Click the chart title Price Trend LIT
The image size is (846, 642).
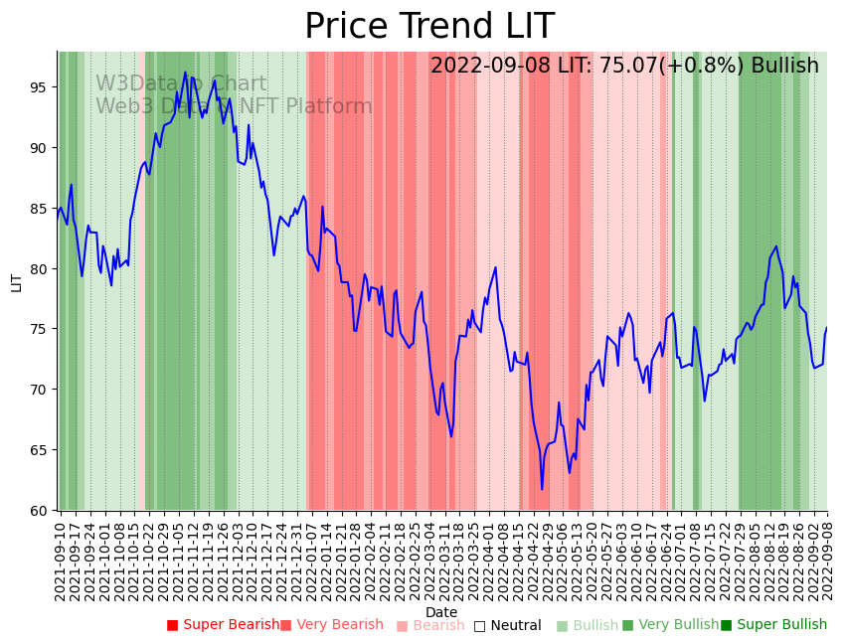click(428, 27)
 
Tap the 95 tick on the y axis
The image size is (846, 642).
click(41, 87)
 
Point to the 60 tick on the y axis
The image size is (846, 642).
click(41, 511)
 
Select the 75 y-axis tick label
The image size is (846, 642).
click(41, 329)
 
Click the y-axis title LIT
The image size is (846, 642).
click(16, 281)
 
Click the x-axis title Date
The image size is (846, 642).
click(441, 613)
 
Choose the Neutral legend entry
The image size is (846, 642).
click(507, 626)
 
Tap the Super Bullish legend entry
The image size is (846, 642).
click(773, 625)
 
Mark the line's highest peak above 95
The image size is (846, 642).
click(185, 73)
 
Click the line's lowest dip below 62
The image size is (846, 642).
click(542, 489)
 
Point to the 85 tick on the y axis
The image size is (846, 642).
click(41, 209)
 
